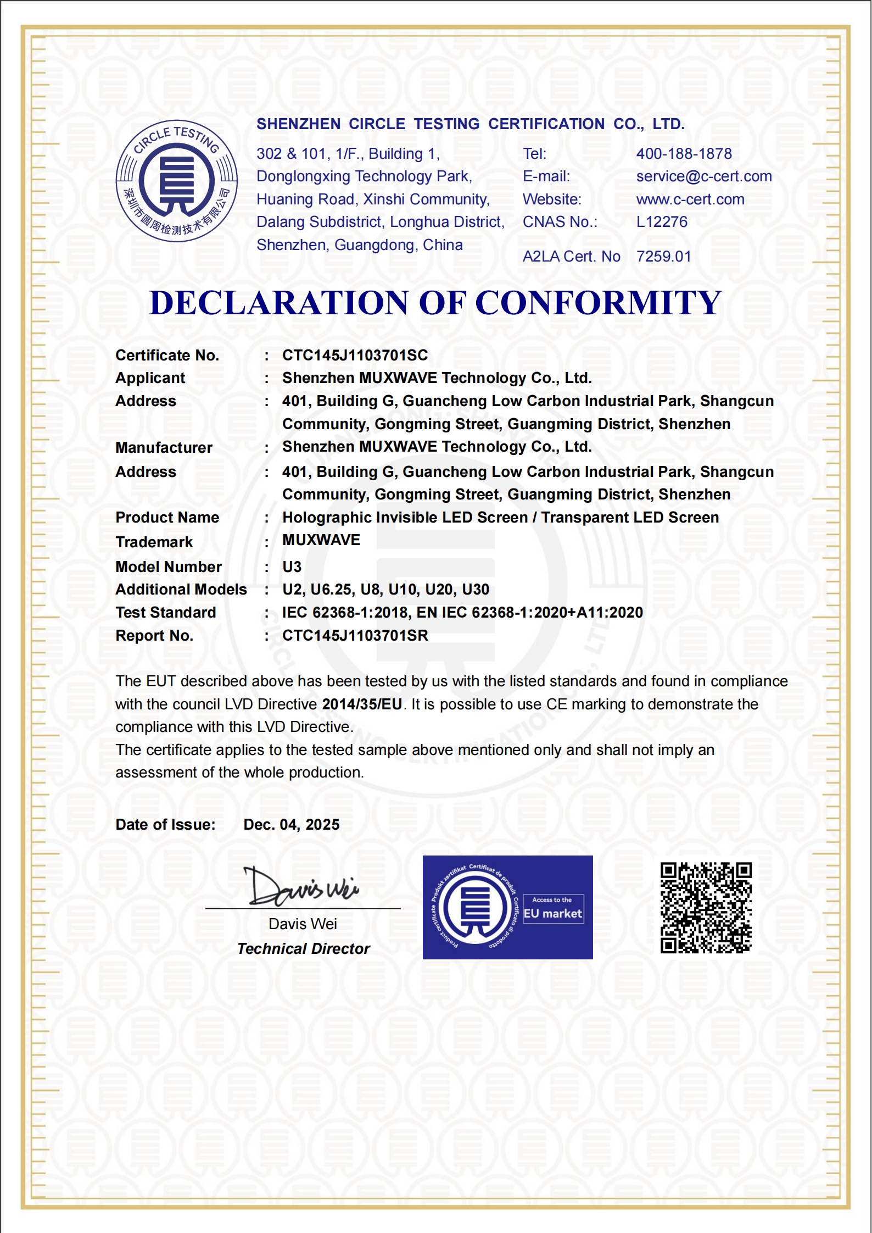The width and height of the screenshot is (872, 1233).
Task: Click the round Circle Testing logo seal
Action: pyautogui.click(x=176, y=181)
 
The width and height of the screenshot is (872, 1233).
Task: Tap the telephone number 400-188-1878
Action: pyautogui.click(x=684, y=154)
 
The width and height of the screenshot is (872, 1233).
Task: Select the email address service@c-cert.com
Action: pyautogui.click(x=703, y=176)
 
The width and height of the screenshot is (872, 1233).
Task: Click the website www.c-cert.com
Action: pyautogui.click(x=690, y=199)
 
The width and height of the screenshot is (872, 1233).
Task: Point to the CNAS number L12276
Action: pyautogui.click(x=661, y=222)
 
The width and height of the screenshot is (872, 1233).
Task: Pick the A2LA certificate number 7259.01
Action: pyautogui.click(x=663, y=257)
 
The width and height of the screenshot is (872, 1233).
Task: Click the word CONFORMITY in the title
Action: pyautogui.click(x=598, y=303)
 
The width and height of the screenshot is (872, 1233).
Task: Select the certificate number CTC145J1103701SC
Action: pyautogui.click(x=355, y=356)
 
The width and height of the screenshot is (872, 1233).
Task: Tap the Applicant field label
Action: pyautogui.click(x=150, y=378)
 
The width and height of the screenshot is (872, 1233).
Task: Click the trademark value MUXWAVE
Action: pyautogui.click(x=321, y=540)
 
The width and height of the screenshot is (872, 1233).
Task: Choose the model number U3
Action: pyautogui.click(x=292, y=567)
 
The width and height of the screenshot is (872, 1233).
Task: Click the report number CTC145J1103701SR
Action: pyautogui.click(x=355, y=636)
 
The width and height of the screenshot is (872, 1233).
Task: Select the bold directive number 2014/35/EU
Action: pyautogui.click(x=362, y=704)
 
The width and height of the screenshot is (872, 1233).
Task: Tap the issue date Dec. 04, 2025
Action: pyautogui.click(x=291, y=825)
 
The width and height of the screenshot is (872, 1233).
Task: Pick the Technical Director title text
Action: pyautogui.click(x=303, y=949)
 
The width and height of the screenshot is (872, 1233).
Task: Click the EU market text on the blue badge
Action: pyautogui.click(x=552, y=914)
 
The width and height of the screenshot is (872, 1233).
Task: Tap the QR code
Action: pyautogui.click(x=706, y=908)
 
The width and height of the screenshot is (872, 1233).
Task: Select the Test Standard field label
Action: pyautogui.click(x=165, y=613)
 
